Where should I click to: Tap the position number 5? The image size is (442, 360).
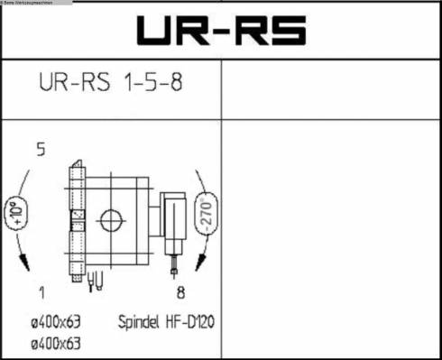(41, 150)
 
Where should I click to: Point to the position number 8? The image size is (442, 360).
(180, 291)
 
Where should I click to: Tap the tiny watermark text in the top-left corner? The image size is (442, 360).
(27, 3)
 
